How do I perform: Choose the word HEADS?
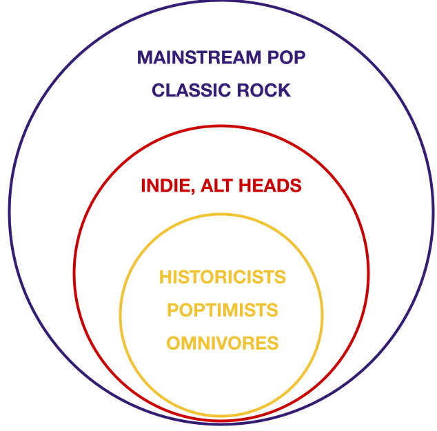click(x=273, y=186)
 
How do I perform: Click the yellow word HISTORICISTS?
click(x=222, y=277)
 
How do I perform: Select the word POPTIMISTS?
click(x=222, y=310)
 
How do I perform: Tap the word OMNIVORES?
click(x=222, y=342)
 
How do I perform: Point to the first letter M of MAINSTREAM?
click(x=145, y=58)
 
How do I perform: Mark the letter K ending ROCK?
click(x=285, y=90)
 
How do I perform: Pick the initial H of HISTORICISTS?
click(x=165, y=277)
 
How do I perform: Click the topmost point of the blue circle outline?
click(x=222, y=1)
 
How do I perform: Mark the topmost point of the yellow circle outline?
click(x=222, y=214)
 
